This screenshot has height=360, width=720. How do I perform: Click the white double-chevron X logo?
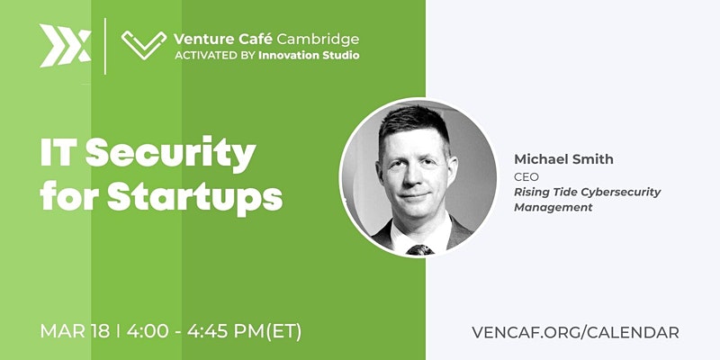(x=65, y=46)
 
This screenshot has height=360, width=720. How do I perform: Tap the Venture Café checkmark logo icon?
(x=144, y=45)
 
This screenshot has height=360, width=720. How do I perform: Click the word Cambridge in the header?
(x=318, y=39)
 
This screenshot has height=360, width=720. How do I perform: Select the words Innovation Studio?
(x=309, y=56)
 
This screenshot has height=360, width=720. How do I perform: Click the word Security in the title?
(x=170, y=154)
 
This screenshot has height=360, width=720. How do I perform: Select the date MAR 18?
(x=75, y=331)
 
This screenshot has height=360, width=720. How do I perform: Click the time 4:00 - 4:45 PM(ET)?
(x=214, y=331)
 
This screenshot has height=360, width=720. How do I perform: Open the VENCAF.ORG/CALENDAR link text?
(x=575, y=332)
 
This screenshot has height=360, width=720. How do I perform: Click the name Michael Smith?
(x=563, y=159)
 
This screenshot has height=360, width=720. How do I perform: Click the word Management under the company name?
(x=553, y=208)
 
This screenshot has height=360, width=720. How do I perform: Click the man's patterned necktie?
(x=419, y=250)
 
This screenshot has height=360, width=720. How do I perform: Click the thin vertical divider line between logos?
(x=105, y=46)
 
